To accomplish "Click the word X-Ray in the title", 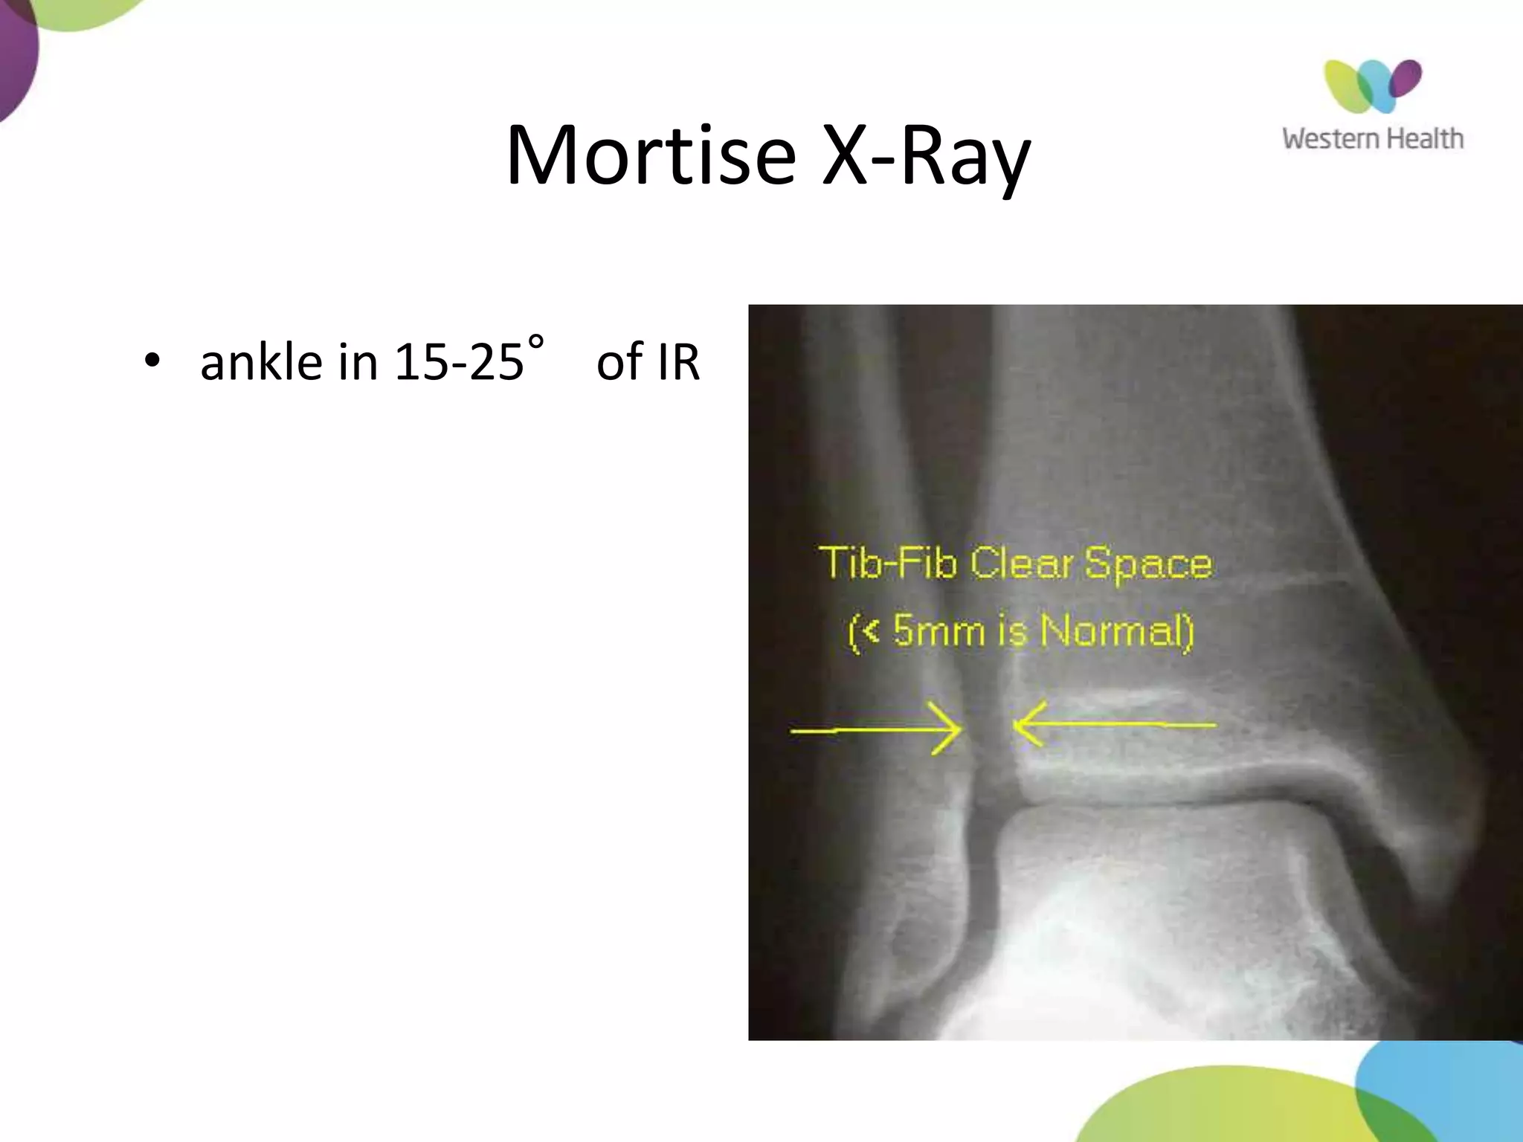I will point(926,156).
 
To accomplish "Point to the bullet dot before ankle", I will point(152,362).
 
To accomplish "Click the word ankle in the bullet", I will point(261,362).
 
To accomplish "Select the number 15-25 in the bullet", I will point(458,362).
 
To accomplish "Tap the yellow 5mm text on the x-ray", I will point(938,630).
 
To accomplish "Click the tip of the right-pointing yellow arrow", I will point(961,729).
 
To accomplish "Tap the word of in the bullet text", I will point(619,362).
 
